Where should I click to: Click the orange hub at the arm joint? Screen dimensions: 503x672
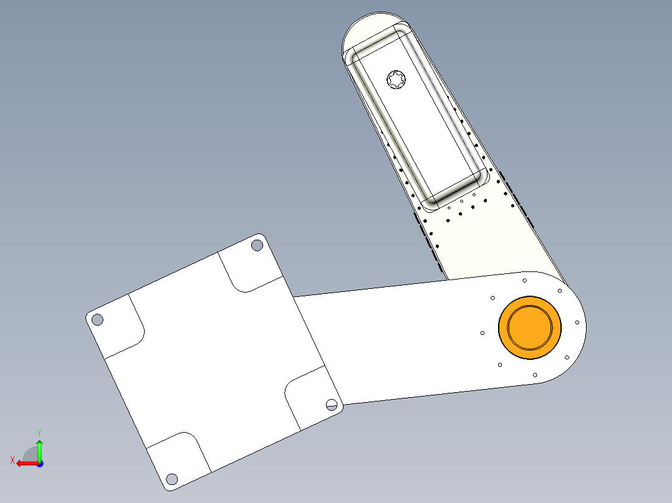tap(530, 327)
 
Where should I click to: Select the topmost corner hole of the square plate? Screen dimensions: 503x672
tap(257, 245)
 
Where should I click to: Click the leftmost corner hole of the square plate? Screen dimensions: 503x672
tap(97, 319)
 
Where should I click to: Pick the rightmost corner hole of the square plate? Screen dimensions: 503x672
tap(332, 405)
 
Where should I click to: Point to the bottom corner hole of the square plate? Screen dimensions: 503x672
tap(172, 479)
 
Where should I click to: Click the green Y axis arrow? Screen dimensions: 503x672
tap(39, 448)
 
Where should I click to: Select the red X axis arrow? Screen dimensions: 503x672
tap(25, 463)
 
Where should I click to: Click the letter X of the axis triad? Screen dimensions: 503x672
tap(12, 460)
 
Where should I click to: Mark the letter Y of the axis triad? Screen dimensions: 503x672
tap(39, 432)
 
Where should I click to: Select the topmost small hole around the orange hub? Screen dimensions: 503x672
tap(525, 280)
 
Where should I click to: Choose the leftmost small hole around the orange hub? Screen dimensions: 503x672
tap(482, 333)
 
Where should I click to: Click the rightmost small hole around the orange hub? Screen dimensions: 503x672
tap(577, 322)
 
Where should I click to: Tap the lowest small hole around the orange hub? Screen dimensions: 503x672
tap(535, 375)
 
